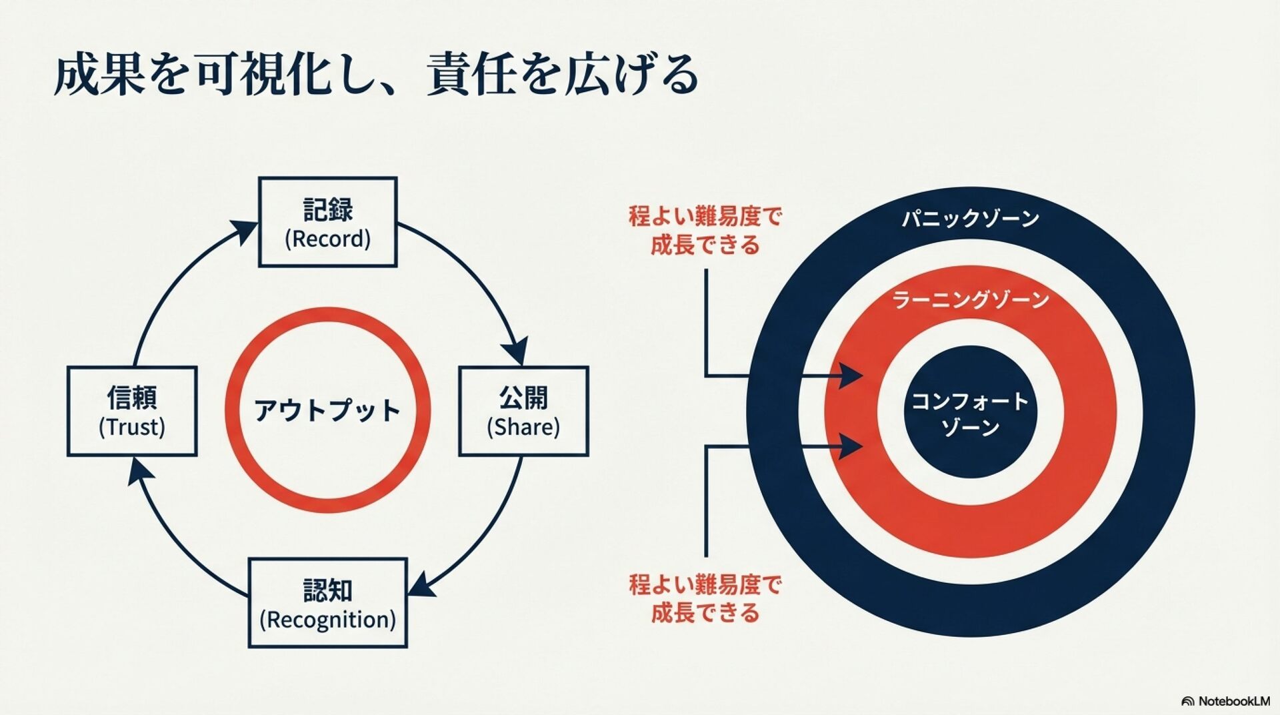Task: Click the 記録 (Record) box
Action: tap(327, 222)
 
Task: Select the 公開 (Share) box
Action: tap(523, 411)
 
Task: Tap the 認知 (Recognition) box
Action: tap(327, 602)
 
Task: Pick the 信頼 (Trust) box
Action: tap(132, 411)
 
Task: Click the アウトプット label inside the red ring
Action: tap(327, 410)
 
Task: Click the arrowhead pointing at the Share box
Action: tap(515, 350)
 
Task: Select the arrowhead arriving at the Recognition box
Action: tap(421, 584)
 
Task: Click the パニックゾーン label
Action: tap(970, 219)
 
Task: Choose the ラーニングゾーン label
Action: tap(970, 300)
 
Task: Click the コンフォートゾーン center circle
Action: tap(970, 412)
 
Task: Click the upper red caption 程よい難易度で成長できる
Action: tap(705, 230)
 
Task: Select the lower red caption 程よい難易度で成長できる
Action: tap(705, 598)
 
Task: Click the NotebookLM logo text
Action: tap(1233, 701)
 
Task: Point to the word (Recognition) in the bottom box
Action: tap(327, 620)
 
